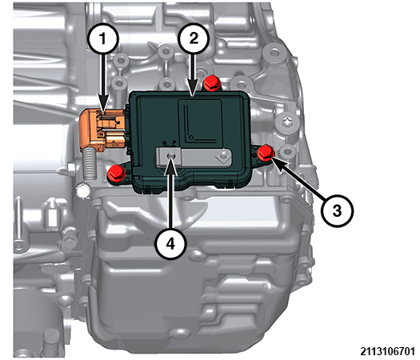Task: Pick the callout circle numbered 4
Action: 168,242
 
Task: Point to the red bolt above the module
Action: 212,83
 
